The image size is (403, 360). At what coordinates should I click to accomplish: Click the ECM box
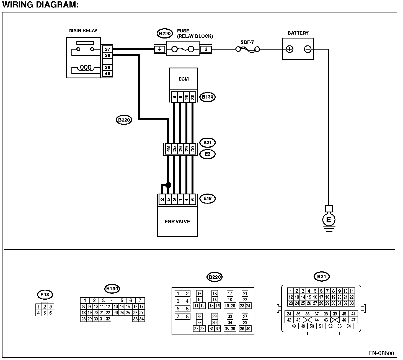[x=184, y=79]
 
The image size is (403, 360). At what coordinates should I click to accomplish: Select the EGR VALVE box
[x=177, y=221]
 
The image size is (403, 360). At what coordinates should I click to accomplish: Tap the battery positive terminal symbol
[x=290, y=49]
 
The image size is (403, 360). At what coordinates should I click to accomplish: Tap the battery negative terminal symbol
[x=308, y=49]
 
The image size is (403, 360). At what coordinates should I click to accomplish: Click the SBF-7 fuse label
[x=247, y=42]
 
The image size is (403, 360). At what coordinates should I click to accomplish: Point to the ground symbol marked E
[x=329, y=220]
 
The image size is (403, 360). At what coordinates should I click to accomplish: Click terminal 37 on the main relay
[x=107, y=49]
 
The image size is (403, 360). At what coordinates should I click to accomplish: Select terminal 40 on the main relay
[x=107, y=74]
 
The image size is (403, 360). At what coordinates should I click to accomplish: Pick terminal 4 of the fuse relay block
[x=159, y=49]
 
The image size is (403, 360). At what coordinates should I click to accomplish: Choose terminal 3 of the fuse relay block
[x=206, y=49]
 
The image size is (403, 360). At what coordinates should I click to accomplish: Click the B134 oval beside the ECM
[x=208, y=97]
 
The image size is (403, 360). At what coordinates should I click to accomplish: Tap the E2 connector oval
[x=207, y=154]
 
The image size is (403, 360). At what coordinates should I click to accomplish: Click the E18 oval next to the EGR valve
[x=207, y=198]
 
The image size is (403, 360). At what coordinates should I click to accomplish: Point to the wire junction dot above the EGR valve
[x=168, y=185]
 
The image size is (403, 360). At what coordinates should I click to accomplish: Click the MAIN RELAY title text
[x=83, y=30]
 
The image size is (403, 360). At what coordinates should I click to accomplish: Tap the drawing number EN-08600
[x=381, y=353]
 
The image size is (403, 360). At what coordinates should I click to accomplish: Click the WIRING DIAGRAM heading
[x=40, y=5]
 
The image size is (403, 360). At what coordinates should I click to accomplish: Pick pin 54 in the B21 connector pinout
[x=348, y=326]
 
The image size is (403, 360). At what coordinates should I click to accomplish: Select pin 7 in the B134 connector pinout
[x=140, y=300]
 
